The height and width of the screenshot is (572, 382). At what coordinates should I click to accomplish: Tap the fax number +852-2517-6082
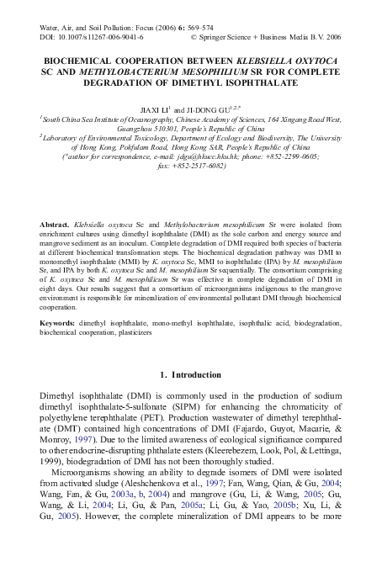pos(200,167)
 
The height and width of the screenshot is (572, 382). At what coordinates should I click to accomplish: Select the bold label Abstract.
pos(55,225)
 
